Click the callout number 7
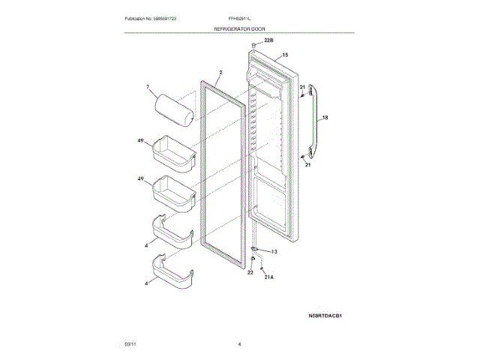pos(148,88)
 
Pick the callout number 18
pos(325,118)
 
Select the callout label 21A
pos(269,276)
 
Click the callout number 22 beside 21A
pos(250,273)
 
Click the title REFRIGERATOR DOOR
pos(240,26)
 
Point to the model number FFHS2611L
pos(240,16)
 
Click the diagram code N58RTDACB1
pos(330,316)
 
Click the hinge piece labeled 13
pos(256,250)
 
